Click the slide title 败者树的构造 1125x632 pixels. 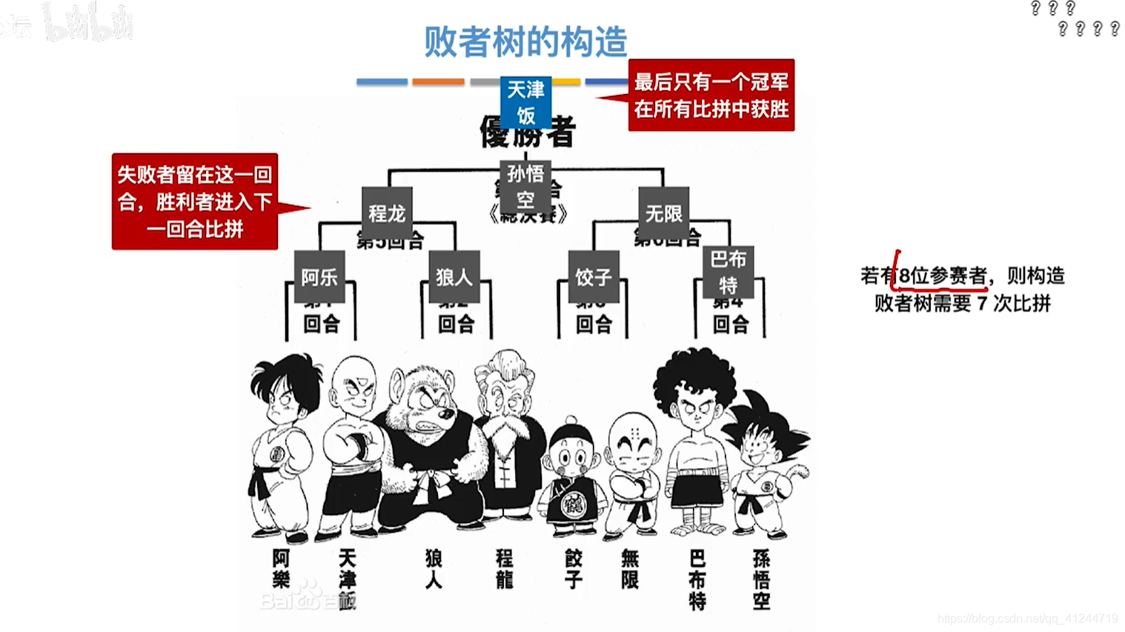525,41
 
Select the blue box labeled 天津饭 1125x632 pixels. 525,102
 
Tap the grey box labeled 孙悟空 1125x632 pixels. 525,187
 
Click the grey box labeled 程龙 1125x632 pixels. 387,213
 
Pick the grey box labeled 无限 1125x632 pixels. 663,213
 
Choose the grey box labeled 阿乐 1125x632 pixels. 319,277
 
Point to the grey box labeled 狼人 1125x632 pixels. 454,277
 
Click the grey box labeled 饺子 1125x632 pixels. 593,277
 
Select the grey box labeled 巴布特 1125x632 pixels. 728,272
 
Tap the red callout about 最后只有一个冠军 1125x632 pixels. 711,95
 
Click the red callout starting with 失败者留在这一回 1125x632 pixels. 195,202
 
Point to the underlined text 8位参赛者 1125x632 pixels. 943,276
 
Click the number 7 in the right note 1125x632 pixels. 981,303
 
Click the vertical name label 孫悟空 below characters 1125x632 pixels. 761,579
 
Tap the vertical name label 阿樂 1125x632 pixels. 281,569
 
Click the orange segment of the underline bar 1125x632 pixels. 438,82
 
